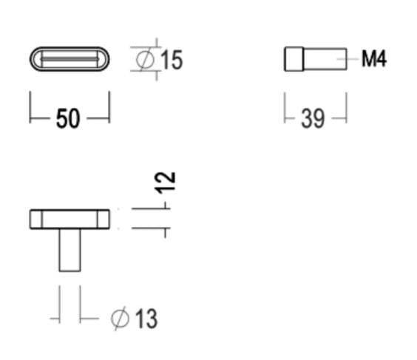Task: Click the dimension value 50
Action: pyautogui.click(x=67, y=118)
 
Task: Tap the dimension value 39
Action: pyautogui.click(x=313, y=118)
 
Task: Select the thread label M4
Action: pyautogui.click(x=374, y=59)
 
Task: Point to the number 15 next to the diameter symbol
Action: pyautogui.click(x=172, y=60)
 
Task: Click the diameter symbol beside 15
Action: pyautogui.click(x=146, y=59)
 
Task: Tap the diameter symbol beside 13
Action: pyautogui.click(x=120, y=319)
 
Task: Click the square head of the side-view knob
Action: pyautogui.click(x=294, y=59)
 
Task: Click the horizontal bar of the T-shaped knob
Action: pyautogui.click(x=69, y=219)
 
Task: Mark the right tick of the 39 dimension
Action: pyautogui.click(x=345, y=107)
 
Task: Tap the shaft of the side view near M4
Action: pyautogui.click(x=325, y=59)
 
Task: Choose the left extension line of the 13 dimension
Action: pyautogui.click(x=58, y=305)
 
